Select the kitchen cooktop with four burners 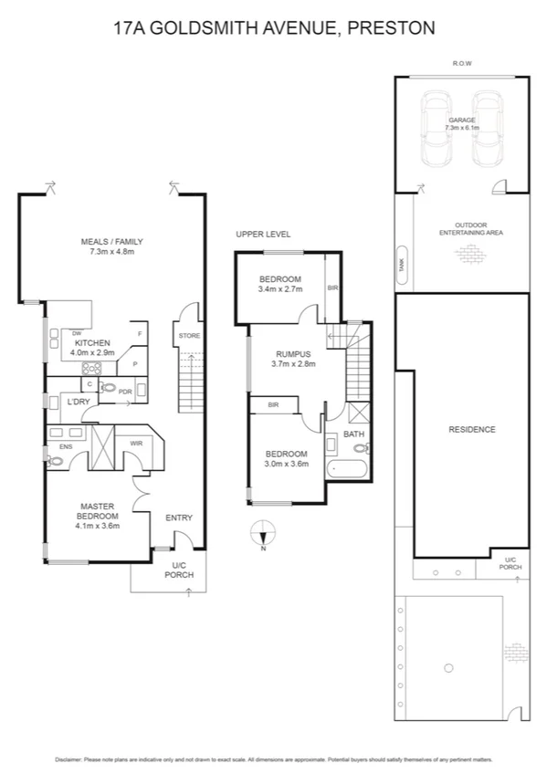click(x=93, y=369)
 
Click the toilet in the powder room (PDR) click(x=110, y=389)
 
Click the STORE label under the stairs click(x=189, y=336)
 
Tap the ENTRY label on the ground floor click(x=178, y=518)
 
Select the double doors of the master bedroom click(x=138, y=497)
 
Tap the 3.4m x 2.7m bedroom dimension click(x=279, y=289)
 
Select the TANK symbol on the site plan click(x=401, y=264)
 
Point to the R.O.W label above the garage click(x=461, y=63)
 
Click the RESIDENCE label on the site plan click(x=472, y=429)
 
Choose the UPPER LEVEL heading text click(x=263, y=235)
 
